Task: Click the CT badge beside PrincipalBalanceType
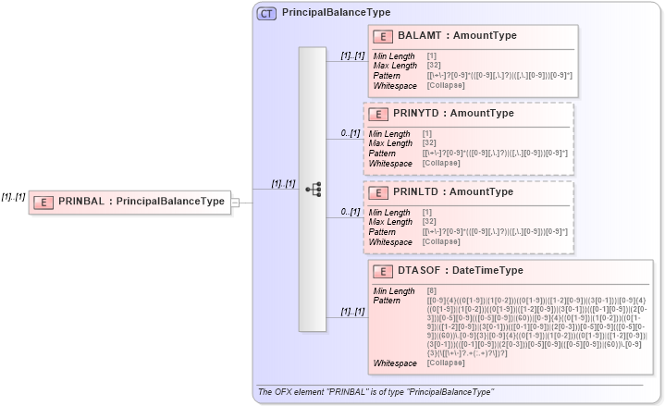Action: [x=267, y=13]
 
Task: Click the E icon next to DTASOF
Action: [x=384, y=271]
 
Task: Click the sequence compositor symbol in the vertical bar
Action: [x=313, y=190]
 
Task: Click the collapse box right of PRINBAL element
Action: [x=235, y=202]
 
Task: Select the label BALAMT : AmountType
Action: [x=457, y=36]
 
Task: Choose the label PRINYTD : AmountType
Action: [x=453, y=114]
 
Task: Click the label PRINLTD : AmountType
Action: [x=453, y=192]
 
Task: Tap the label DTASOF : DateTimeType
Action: [x=461, y=271]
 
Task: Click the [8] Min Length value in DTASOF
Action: [x=432, y=291]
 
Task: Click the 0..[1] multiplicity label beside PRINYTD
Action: [x=350, y=134]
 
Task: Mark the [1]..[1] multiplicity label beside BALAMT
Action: [x=352, y=56]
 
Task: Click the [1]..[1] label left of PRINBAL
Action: [x=13, y=196]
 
